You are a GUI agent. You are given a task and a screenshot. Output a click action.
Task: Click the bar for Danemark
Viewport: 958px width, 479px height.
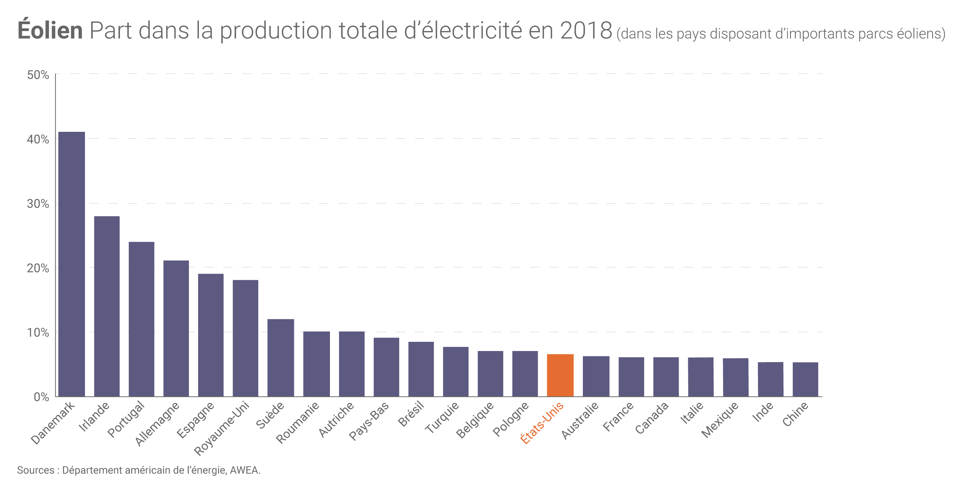click(x=71, y=264)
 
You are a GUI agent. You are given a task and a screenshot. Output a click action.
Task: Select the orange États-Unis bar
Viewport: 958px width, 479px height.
click(x=560, y=375)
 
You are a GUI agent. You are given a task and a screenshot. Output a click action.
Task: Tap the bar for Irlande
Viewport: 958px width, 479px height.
click(x=107, y=306)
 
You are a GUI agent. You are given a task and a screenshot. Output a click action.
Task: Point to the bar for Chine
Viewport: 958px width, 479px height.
click(x=805, y=379)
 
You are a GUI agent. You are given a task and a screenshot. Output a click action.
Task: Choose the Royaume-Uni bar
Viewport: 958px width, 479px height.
click(x=245, y=338)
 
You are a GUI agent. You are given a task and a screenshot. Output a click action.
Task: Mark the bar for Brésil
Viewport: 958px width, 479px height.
click(x=421, y=369)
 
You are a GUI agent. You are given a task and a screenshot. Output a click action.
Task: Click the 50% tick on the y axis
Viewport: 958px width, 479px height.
click(x=38, y=75)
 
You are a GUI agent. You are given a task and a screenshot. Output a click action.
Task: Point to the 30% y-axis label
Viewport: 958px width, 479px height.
click(x=38, y=204)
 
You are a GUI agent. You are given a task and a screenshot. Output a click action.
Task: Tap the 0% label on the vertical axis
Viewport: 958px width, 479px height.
click(x=41, y=397)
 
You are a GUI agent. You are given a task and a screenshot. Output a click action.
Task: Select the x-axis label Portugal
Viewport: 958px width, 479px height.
click(x=126, y=419)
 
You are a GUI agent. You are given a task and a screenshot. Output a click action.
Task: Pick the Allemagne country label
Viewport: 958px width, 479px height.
click(x=157, y=424)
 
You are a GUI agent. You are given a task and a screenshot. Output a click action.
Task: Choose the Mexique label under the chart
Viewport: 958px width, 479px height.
click(x=719, y=420)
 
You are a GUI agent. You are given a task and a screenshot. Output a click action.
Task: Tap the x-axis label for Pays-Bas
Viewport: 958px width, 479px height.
click(x=369, y=421)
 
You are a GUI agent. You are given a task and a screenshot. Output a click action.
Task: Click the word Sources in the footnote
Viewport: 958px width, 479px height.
click(x=36, y=470)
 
